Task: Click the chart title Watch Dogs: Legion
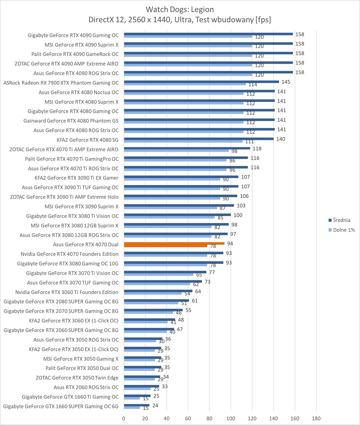click(180, 9)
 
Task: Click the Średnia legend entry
click(341, 220)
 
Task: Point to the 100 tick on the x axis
click(231, 418)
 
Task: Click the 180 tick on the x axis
click(316, 418)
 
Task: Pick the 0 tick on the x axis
click(124, 418)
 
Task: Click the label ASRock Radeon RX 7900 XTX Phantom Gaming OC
click(61, 83)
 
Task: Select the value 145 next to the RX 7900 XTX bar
click(286, 82)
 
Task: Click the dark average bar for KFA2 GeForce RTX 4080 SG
click(199, 139)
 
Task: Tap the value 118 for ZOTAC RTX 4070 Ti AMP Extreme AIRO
click(257, 149)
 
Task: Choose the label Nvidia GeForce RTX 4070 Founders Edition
click(69, 254)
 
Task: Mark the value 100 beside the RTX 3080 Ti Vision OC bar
click(238, 215)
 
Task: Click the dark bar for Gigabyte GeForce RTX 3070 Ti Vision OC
click(165, 272)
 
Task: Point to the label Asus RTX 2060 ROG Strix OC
click(86, 387)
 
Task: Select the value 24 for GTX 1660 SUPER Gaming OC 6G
click(155, 406)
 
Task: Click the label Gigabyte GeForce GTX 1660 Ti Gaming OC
click(70, 397)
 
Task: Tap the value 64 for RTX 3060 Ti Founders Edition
click(198, 291)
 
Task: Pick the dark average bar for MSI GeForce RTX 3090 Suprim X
click(179, 205)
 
